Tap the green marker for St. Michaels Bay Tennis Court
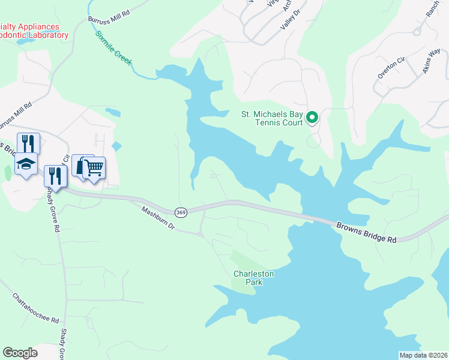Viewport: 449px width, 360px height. click(x=312, y=118)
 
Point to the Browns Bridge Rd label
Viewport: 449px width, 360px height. click(x=367, y=232)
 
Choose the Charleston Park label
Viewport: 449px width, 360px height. click(x=253, y=278)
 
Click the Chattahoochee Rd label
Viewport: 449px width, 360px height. click(x=35, y=308)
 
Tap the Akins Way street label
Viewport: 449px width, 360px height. click(x=432, y=59)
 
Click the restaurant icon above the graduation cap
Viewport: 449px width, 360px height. click(x=28, y=143)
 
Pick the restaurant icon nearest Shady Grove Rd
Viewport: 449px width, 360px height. click(x=55, y=176)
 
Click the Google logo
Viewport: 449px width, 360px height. click(x=20, y=353)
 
